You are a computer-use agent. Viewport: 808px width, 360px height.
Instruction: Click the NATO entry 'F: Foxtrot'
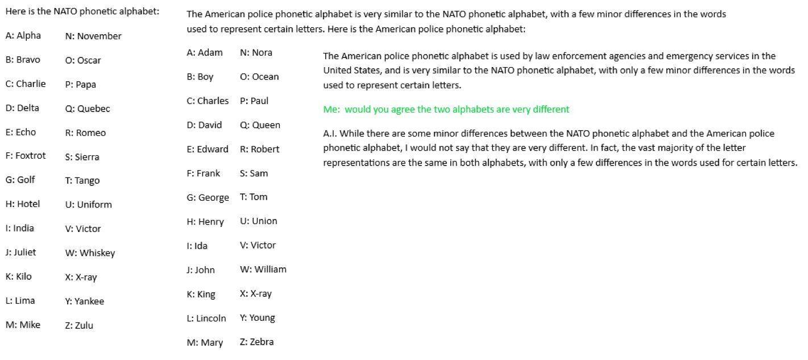pos(26,156)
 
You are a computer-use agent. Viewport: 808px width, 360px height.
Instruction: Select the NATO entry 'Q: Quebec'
pos(88,109)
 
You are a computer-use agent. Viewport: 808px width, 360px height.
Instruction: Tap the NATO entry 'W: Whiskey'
pos(90,253)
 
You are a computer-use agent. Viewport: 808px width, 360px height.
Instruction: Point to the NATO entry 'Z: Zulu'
pos(79,326)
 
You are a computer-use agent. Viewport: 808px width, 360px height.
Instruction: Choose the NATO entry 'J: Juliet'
pos(20,253)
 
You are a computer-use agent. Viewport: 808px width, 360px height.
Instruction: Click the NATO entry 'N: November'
pos(93,36)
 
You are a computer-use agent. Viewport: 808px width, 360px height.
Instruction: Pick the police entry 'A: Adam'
pos(205,53)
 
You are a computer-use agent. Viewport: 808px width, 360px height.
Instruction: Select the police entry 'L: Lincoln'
pos(206,318)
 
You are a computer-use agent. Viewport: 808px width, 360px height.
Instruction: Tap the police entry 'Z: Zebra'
pos(256,342)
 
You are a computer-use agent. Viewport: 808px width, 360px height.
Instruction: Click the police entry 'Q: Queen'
pos(260,125)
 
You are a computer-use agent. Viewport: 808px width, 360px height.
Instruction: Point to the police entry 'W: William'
pos(263,270)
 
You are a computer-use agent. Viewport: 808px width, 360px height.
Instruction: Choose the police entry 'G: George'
pos(208,198)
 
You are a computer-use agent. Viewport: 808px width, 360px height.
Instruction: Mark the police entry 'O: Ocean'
pos(259,77)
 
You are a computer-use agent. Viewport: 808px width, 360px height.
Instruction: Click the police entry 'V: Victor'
pos(258,246)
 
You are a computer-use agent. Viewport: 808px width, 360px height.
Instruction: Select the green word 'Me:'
pos(331,109)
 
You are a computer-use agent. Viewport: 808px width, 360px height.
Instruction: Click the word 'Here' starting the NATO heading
pos(15,11)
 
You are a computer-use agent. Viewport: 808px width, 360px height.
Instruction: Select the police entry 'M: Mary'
pos(205,343)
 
